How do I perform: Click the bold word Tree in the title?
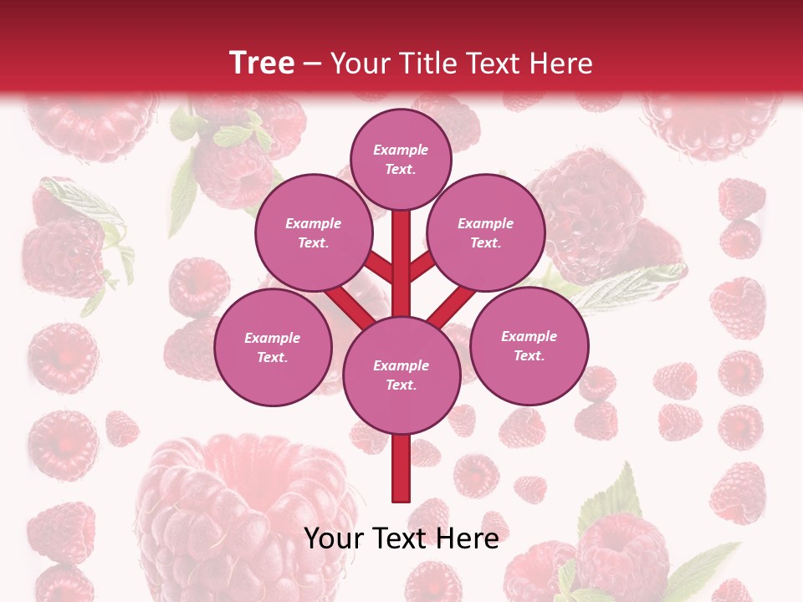(x=262, y=63)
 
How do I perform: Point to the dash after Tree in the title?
(x=313, y=64)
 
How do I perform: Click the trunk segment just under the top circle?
(x=401, y=238)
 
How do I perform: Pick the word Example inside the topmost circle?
(x=401, y=150)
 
